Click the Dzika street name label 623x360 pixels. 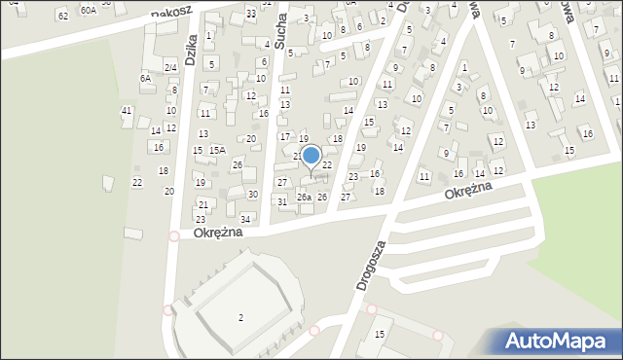pos(191,45)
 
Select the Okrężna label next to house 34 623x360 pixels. pos(215,234)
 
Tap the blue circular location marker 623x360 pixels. pos(311,155)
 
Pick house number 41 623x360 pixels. pos(127,111)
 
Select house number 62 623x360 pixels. pos(63,16)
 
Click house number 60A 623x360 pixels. pos(88,10)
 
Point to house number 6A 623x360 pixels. pos(145,78)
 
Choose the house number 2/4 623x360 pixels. pos(170,67)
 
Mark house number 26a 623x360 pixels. pos(304,198)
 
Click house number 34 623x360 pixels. pos(246,219)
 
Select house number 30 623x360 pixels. pos(252,195)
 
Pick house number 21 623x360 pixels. pos(202,204)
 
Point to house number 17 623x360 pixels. pos(285,136)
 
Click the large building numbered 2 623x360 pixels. pos(240,317)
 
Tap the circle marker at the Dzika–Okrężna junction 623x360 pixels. pos(174,235)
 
